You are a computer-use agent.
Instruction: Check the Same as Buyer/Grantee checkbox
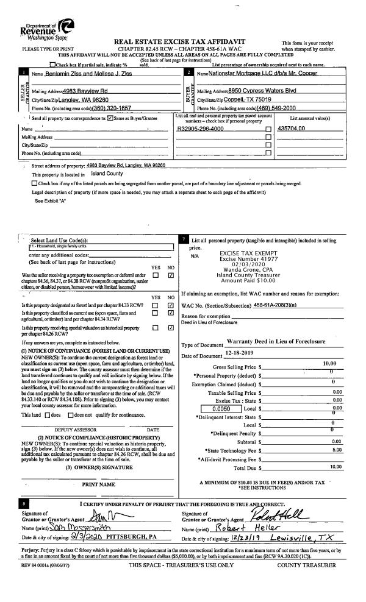110,117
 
